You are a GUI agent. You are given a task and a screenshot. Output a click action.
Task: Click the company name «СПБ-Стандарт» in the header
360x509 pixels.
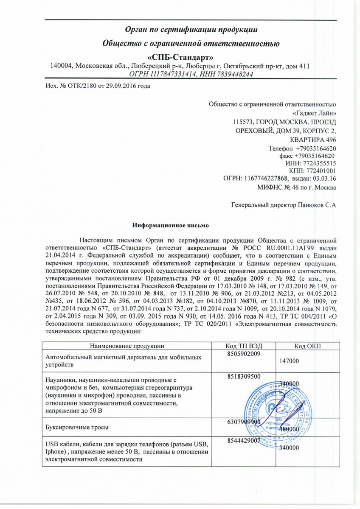coord(180,56)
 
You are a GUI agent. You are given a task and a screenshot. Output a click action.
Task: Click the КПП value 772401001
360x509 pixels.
coord(321,171)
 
